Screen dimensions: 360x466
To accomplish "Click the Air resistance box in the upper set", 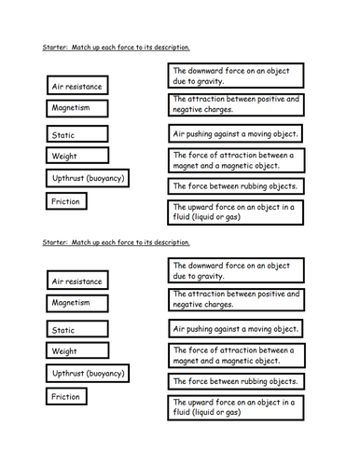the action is click(78, 86).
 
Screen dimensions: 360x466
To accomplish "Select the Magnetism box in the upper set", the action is click(76, 108).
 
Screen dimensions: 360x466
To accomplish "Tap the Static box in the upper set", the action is click(76, 136).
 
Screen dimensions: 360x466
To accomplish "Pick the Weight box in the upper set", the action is click(76, 157).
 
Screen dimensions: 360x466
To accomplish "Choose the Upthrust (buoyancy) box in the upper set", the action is click(87, 178).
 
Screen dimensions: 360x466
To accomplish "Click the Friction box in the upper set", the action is click(67, 201).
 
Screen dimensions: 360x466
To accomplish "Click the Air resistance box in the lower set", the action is click(78, 281).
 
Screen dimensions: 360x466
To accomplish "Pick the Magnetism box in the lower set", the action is click(76, 303).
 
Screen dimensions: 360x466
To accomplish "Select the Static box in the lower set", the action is click(76, 330).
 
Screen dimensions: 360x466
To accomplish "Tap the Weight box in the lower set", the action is click(76, 351).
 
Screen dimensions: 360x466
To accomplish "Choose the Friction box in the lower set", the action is click(67, 396).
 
